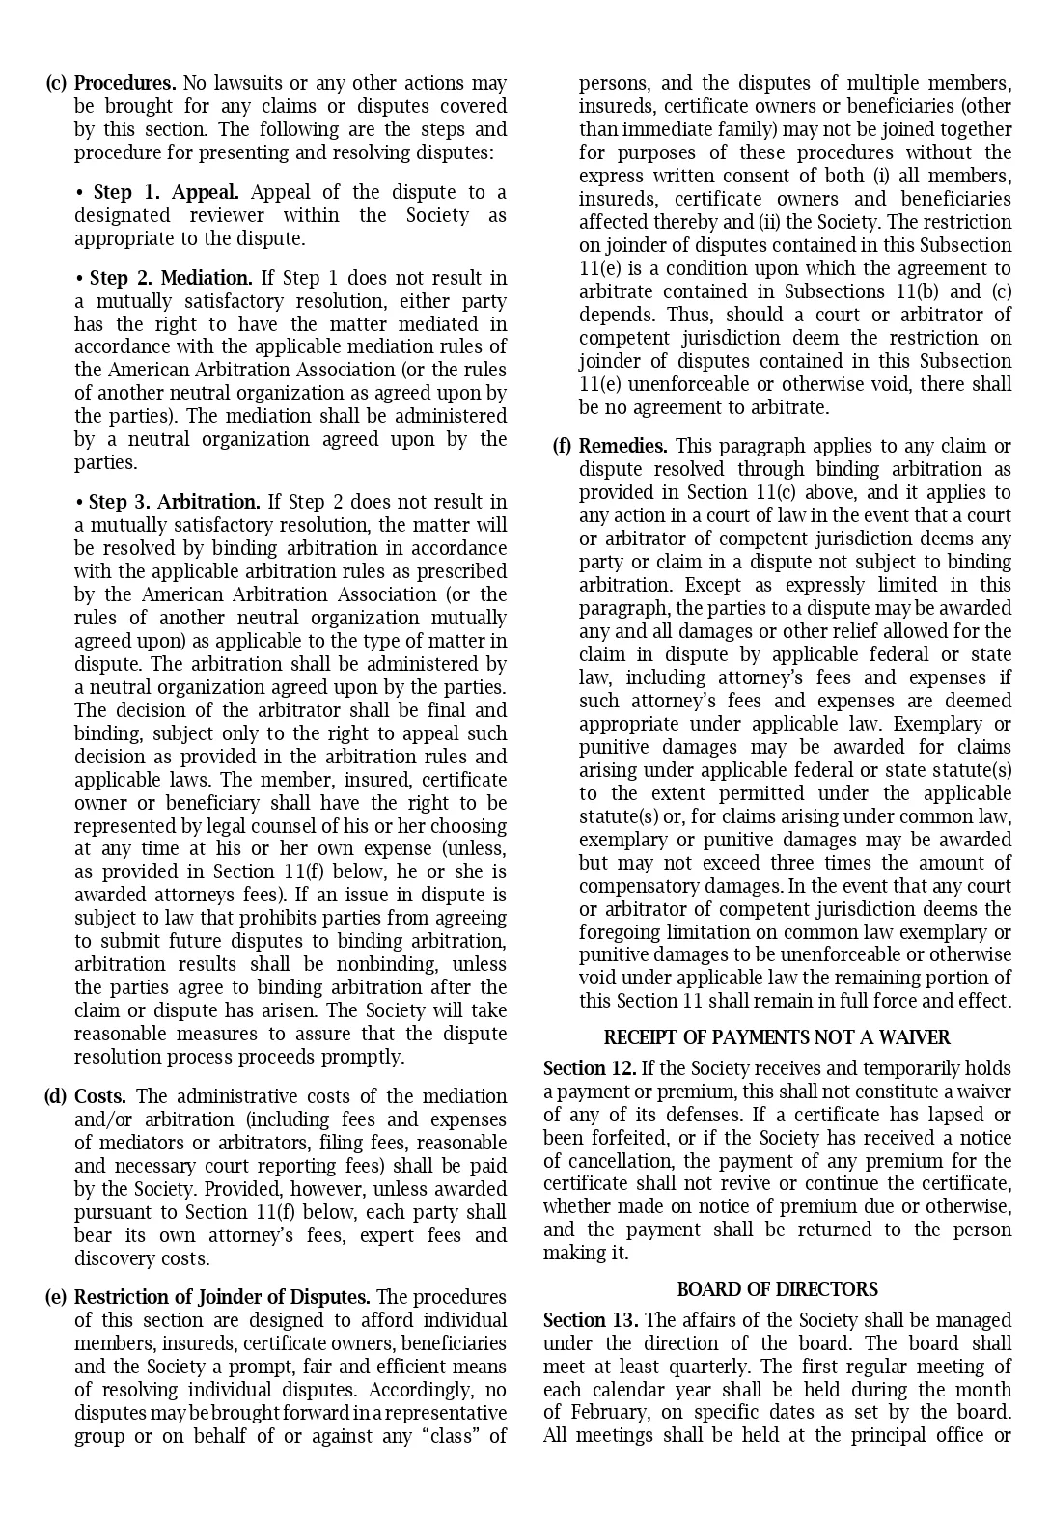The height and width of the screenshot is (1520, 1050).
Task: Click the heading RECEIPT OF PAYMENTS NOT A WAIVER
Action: pyautogui.click(x=777, y=1037)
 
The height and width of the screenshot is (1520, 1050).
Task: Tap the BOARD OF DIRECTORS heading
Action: pyautogui.click(x=777, y=1289)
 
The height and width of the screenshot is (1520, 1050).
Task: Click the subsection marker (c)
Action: pyautogui.click(x=56, y=83)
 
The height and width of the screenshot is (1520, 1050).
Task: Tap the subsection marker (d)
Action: pyautogui.click(x=56, y=1096)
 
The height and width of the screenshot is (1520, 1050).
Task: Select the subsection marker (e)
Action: pyautogui.click(x=56, y=1297)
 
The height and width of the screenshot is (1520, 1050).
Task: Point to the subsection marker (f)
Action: pyautogui.click(x=562, y=446)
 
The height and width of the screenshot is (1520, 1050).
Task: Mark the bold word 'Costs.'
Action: pyautogui.click(x=100, y=1096)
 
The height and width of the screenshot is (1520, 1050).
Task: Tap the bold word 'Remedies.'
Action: pyautogui.click(x=622, y=446)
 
